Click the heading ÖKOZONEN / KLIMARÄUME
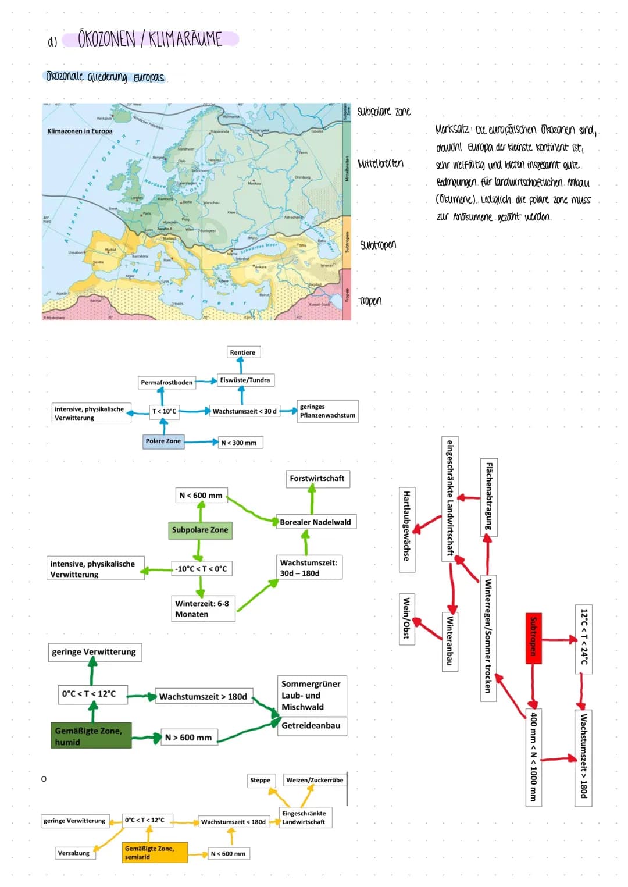click(150, 40)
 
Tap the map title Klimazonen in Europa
click(80, 131)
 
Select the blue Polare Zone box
click(163, 441)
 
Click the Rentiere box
click(242, 352)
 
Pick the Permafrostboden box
click(166, 382)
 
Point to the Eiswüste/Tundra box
click(245, 380)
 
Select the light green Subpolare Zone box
click(200, 530)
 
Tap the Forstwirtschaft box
click(317, 479)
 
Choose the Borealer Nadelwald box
click(315, 522)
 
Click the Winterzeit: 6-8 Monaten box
click(202, 609)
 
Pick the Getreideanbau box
click(311, 726)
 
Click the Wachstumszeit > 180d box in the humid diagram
click(204, 696)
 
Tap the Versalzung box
click(74, 853)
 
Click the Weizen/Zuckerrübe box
click(314, 780)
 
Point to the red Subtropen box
click(533, 637)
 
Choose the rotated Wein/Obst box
click(406, 618)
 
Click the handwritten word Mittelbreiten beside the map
click(380, 163)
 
